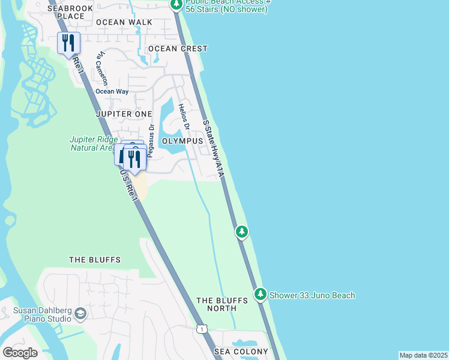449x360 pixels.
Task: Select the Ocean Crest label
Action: point(178,49)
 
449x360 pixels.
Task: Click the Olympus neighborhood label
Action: point(182,140)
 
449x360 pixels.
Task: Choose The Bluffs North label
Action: point(217,304)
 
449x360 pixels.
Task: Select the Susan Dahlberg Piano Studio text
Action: point(42,314)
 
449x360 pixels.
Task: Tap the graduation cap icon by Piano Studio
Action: point(80,313)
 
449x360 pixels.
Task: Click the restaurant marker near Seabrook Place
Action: point(68,43)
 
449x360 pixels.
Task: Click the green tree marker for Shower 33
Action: point(260,294)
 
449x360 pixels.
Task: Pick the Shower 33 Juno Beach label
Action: point(312,295)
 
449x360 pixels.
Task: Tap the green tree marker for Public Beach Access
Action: point(176,5)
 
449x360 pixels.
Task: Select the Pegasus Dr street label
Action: point(151,140)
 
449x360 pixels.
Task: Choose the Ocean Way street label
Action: point(112,91)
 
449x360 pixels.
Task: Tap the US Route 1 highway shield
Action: point(202,328)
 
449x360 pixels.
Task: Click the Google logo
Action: point(20,353)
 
